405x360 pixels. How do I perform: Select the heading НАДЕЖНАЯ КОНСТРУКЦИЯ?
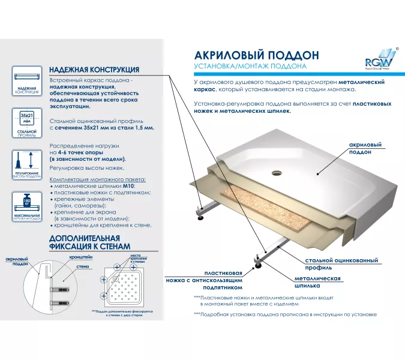[94, 70]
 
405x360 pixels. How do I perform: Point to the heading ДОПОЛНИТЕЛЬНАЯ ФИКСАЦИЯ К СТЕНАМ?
[88, 242]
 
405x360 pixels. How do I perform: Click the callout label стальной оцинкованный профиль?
[341, 264]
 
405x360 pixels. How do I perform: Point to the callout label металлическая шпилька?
[318, 283]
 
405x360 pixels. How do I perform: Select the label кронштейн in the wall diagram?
[80, 256]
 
